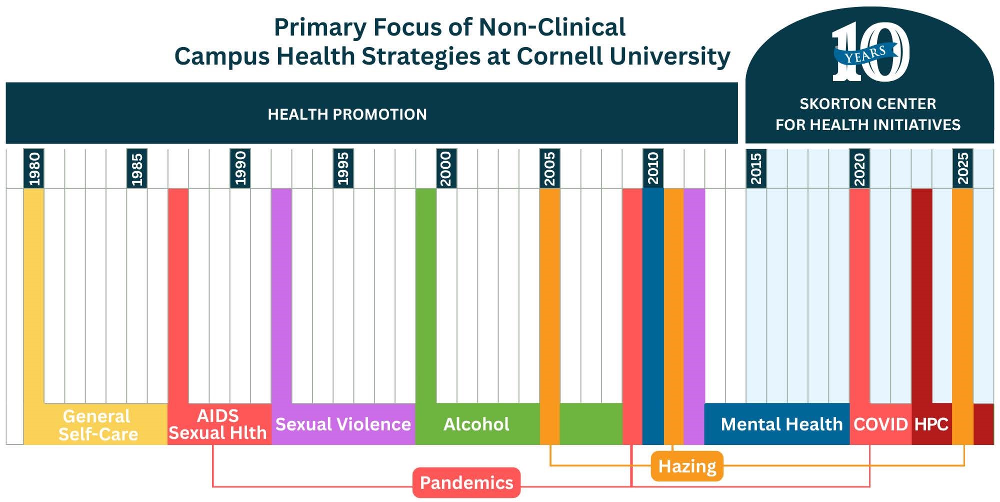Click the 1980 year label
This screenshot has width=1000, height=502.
34,169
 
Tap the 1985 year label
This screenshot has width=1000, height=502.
137,169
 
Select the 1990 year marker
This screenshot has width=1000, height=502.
240,169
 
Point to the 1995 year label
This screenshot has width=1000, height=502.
343,169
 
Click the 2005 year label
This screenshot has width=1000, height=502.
549,169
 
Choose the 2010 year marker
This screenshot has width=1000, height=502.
653,169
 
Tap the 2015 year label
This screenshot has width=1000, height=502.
756,169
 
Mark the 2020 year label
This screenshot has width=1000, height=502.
859,169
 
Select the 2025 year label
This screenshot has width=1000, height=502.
962,169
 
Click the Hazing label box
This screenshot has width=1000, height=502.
687,466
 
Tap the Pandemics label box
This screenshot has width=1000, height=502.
466,482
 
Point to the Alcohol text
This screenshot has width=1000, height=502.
476,424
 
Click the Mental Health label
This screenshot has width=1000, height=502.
781,424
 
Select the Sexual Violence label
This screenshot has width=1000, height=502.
343,424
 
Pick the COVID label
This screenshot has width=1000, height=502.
880,424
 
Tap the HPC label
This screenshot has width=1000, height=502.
931,424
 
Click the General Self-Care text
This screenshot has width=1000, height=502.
98,425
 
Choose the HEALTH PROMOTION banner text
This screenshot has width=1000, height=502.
347,114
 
